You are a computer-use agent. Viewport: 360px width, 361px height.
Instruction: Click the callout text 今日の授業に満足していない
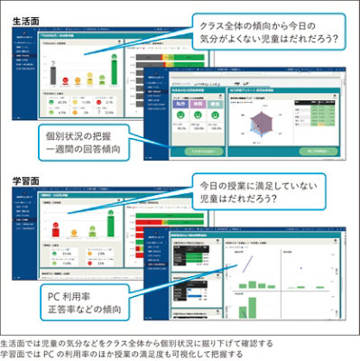[270, 190]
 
